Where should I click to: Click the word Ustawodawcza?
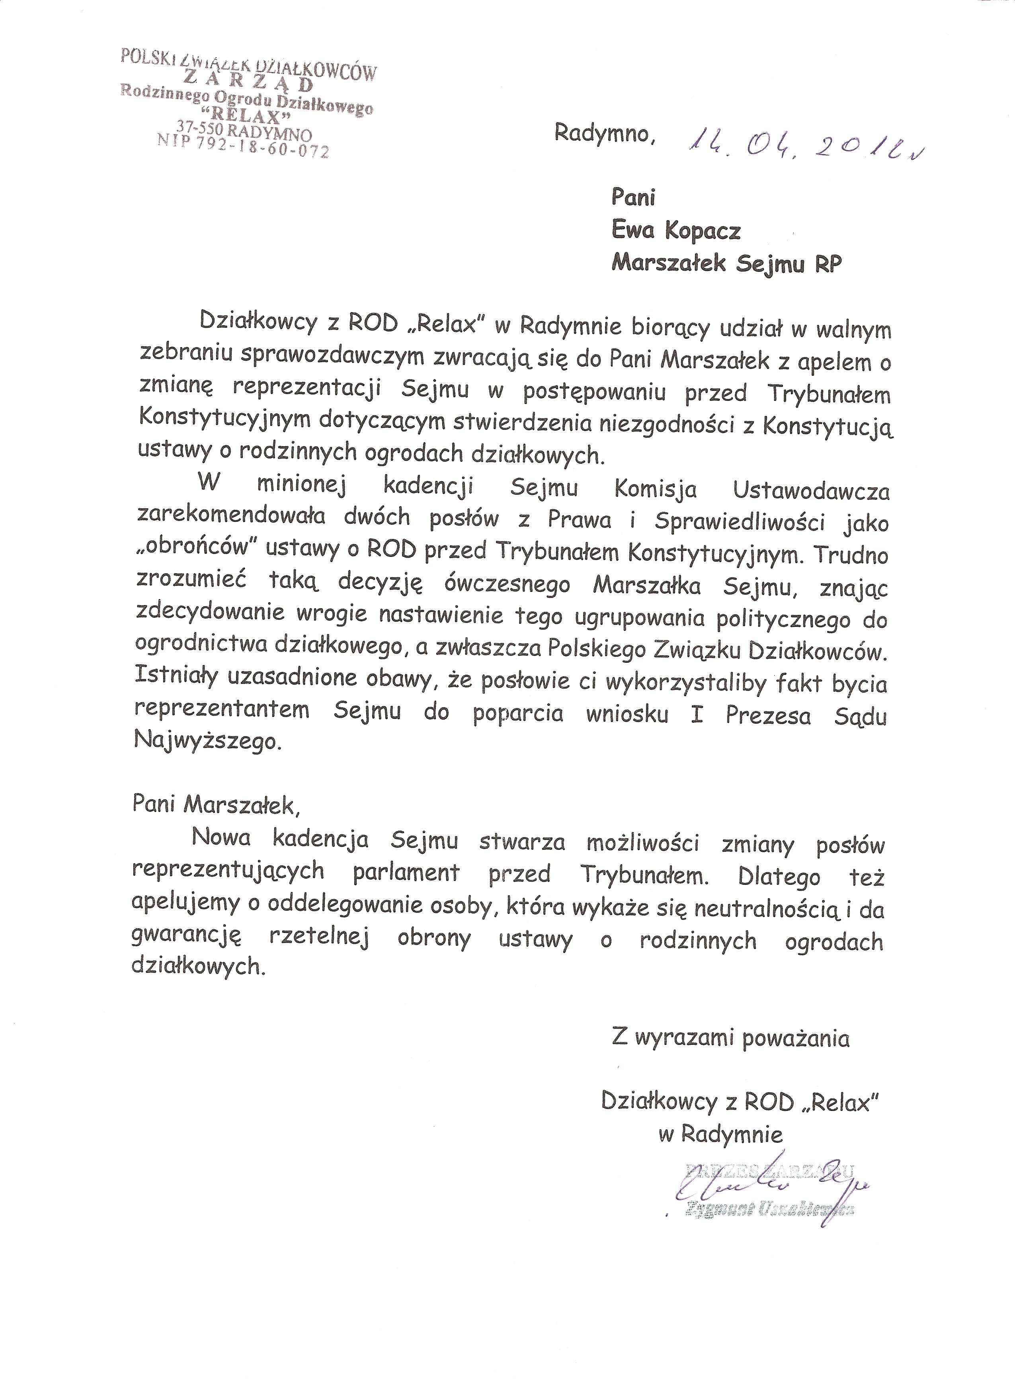pos(811,491)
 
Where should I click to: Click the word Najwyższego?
pos(207,741)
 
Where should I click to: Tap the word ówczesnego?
pos(507,584)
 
